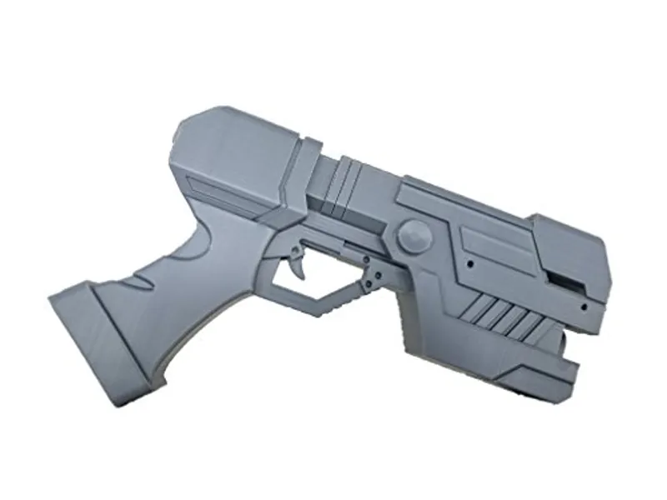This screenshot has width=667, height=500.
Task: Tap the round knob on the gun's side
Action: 414,238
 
